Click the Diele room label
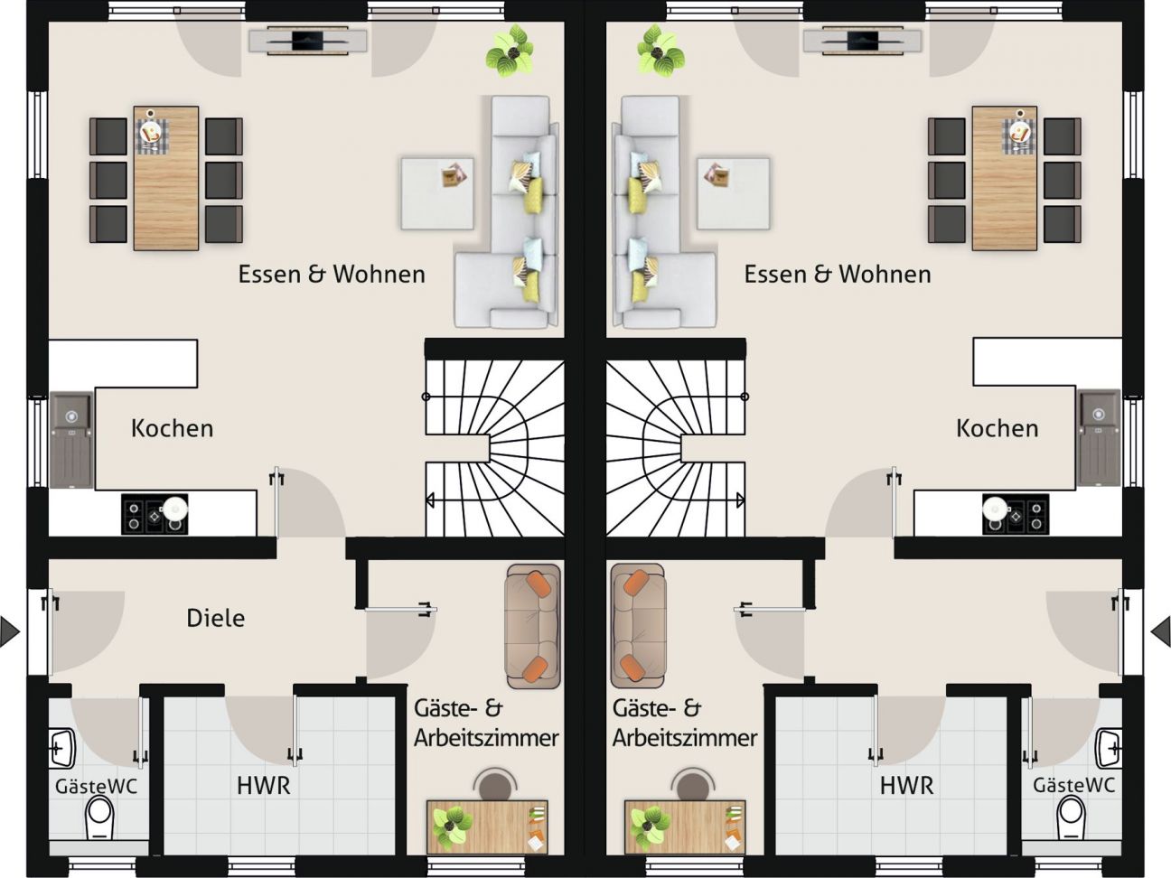pyautogui.click(x=216, y=618)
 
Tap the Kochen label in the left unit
pyautogui.click(x=172, y=428)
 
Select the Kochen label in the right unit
pyautogui.click(x=998, y=428)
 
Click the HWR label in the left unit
pyautogui.click(x=264, y=786)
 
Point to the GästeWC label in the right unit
pyautogui.click(x=1074, y=785)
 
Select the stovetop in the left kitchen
pyautogui.click(x=155, y=515)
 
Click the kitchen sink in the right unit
pyautogui.click(x=1098, y=438)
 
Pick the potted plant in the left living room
pyautogui.click(x=510, y=50)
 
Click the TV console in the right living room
pyautogui.click(x=863, y=41)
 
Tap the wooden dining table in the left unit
pyautogui.click(x=166, y=178)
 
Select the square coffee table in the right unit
pyautogui.click(x=733, y=193)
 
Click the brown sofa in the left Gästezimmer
pyautogui.click(x=532, y=626)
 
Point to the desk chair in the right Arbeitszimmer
pyautogui.click(x=692, y=784)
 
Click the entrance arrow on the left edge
pyautogui.click(x=10, y=632)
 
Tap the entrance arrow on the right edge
pyautogui.click(x=1161, y=632)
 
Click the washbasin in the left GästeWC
pyautogui.click(x=61, y=749)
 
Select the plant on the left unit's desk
pyautogui.click(x=453, y=827)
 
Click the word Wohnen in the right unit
pyautogui.click(x=885, y=274)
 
